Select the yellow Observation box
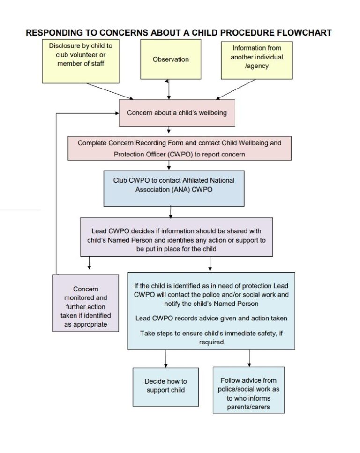pyautogui.click(x=170, y=59)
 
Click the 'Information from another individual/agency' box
pyautogui.click(x=257, y=60)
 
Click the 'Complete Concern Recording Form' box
pyautogui.click(x=180, y=149)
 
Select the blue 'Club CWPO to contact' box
pyautogui.click(x=173, y=187)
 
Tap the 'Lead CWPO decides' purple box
pyautogui.click(x=176, y=237)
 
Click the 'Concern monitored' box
pyautogui.click(x=85, y=303)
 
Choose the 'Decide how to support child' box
pyautogui.click(x=165, y=386)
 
